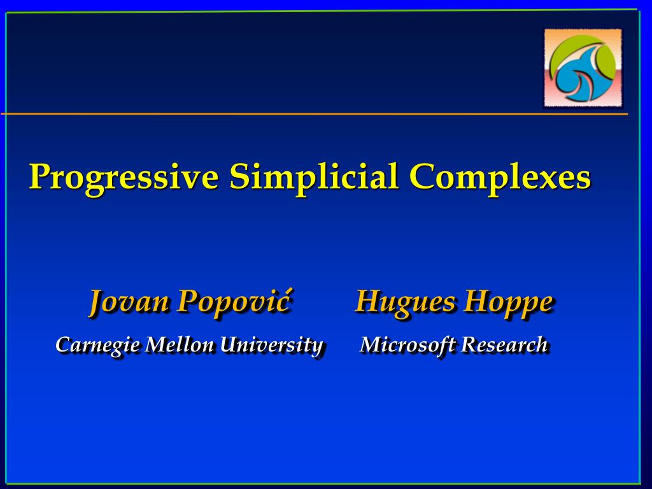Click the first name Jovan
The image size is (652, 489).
click(x=129, y=301)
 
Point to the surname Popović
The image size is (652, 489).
click(x=234, y=301)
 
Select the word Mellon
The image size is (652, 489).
click(x=179, y=344)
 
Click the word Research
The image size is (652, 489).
click(x=504, y=344)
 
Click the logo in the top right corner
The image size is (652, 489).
click(x=583, y=67)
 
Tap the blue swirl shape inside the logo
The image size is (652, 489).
click(x=582, y=77)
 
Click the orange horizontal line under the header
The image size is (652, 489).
click(x=315, y=113)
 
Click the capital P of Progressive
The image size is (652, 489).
click(x=41, y=176)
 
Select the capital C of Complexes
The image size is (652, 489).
click(x=423, y=176)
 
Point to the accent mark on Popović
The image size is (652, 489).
click(x=287, y=290)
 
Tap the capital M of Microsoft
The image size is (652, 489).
click(x=372, y=344)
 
